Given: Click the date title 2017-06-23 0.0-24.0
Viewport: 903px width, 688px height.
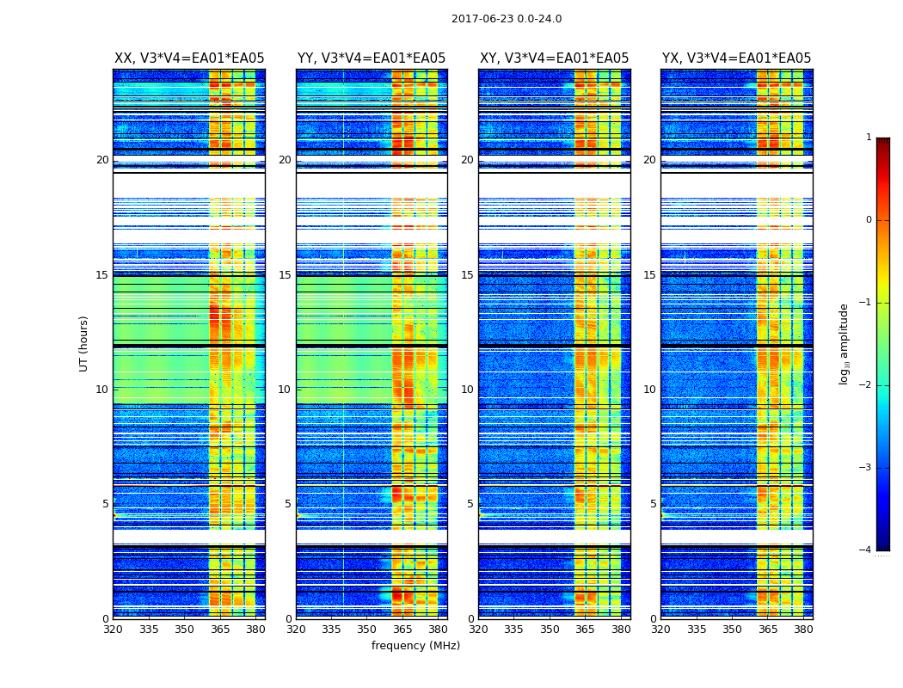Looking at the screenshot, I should coord(507,19).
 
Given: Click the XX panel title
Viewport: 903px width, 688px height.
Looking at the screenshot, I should coord(189,58).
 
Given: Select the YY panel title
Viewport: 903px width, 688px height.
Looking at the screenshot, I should coord(372,58).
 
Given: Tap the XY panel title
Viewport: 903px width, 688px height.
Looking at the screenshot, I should coord(554,58).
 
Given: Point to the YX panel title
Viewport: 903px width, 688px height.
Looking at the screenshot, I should coord(736,58).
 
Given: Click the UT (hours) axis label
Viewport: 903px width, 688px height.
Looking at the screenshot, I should coord(84,343).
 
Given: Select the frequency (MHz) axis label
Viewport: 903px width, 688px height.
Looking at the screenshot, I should coord(415,646).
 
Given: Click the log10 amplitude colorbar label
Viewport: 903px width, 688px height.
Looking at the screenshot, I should coord(845,343).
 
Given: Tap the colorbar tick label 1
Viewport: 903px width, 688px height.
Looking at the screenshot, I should coord(868,138).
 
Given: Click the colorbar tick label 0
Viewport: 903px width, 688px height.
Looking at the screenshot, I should coord(868,220).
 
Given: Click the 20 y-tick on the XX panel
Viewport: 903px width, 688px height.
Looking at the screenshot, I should coord(102,160).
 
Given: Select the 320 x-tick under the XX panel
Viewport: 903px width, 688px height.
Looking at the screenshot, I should coord(113,629).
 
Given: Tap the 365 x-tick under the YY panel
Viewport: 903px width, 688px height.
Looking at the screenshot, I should coord(402,629).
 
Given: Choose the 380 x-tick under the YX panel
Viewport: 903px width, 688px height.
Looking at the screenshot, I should coord(803,629).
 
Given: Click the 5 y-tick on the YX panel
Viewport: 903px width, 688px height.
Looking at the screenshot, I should coord(653,504).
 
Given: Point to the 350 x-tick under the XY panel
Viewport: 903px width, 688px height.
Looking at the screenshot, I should coord(550,629).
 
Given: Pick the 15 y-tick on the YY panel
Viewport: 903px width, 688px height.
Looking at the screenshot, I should coord(285,275).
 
